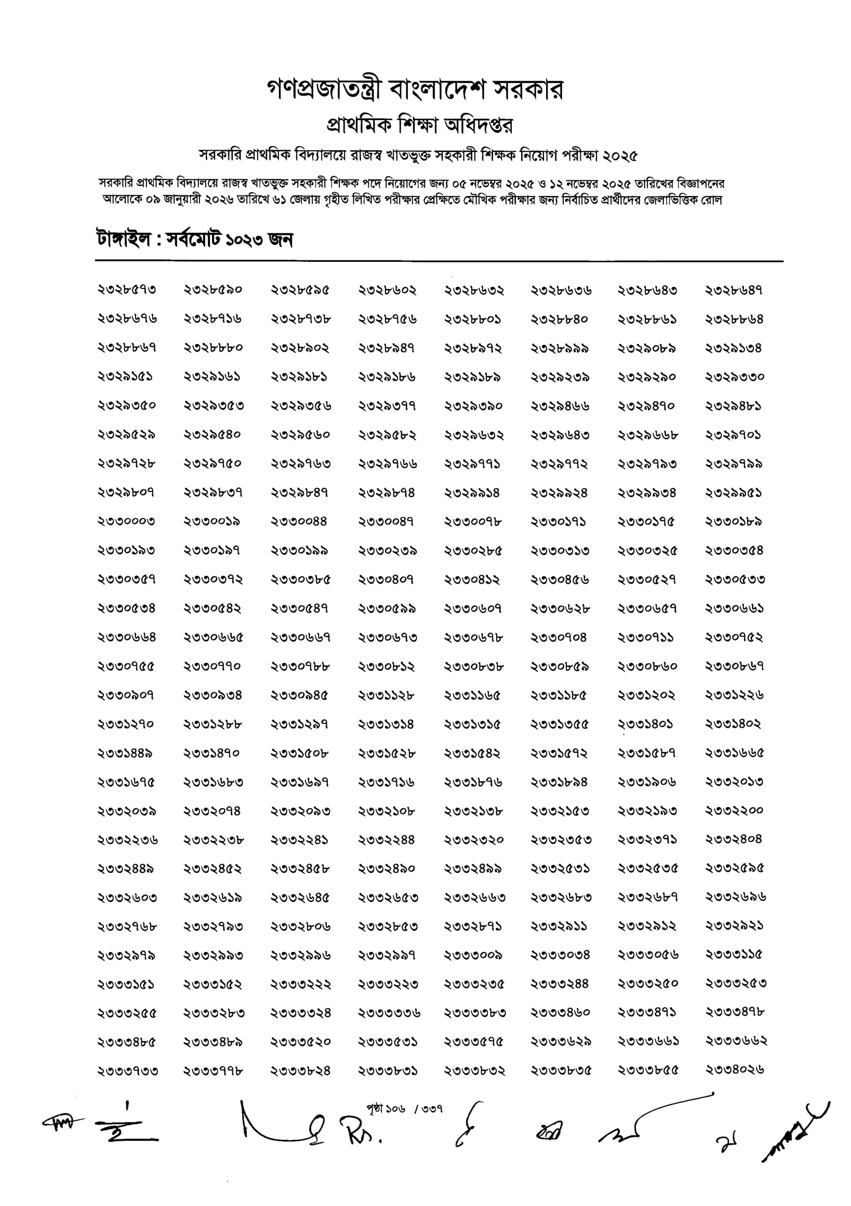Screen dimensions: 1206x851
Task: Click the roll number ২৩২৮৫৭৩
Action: [x=127, y=290]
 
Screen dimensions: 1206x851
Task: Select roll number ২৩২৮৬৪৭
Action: [x=734, y=290]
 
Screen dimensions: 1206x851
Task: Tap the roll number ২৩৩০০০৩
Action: [x=127, y=522]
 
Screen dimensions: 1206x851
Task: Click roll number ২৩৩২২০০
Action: [x=735, y=811]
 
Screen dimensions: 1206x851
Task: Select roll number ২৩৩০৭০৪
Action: [x=559, y=637]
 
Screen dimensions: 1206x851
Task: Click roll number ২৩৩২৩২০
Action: [x=474, y=839]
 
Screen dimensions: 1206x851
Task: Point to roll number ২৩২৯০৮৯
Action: [x=647, y=348]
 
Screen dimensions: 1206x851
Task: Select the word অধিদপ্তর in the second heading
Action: [x=478, y=126]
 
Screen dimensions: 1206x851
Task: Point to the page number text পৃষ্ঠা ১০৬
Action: [x=386, y=1109]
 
